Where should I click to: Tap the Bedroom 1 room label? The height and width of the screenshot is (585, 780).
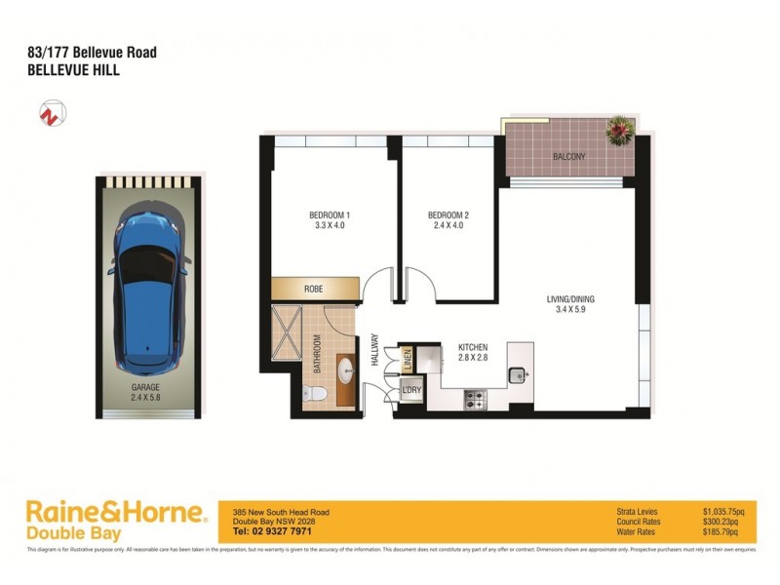pos(329,215)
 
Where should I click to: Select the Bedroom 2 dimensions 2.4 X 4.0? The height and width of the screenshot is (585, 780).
pos(448,227)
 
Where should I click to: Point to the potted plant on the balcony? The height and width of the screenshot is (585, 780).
pos(619,129)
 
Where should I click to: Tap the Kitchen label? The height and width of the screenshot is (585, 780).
pos(472,348)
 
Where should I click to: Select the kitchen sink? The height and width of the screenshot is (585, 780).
pos(520,371)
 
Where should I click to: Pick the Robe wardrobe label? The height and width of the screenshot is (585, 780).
pos(313,290)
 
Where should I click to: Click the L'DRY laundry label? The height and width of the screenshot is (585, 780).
pos(410,392)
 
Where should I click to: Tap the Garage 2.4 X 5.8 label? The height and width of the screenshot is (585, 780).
pos(148,391)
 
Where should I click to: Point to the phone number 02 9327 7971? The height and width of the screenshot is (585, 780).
pos(272,531)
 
